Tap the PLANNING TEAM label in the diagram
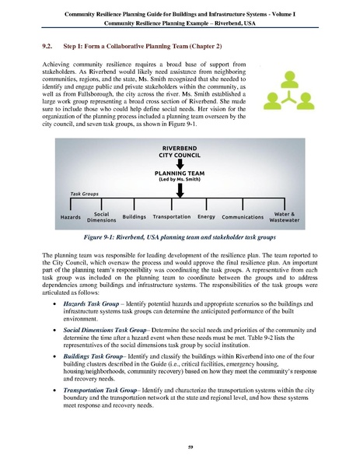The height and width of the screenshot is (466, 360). pyautogui.click(x=179, y=175)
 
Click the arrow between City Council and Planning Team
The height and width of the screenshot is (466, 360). pyautogui.click(x=179, y=164)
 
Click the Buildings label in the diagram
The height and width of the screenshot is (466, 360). pyautogui.click(x=134, y=216)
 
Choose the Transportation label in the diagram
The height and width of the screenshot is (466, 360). pyautogui.click(x=172, y=216)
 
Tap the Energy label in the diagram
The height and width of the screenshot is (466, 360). pyautogui.click(x=206, y=216)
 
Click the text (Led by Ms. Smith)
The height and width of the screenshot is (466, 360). pyautogui.click(x=179, y=182)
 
